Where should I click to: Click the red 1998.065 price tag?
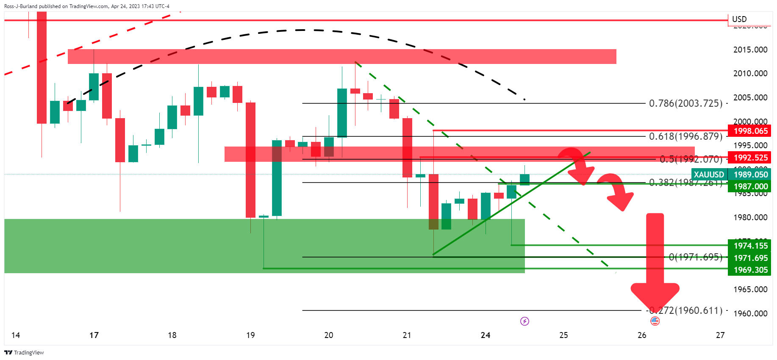pyautogui.click(x=749, y=131)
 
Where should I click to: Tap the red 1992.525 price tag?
pyautogui.click(x=749, y=158)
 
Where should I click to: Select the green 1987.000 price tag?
pyautogui.click(x=749, y=186)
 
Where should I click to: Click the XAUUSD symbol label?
pyautogui.click(x=709, y=174)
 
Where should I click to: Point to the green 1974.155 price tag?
pyautogui.click(x=749, y=246)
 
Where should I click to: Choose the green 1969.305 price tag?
pyautogui.click(x=749, y=270)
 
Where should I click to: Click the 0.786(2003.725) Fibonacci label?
pyautogui.click(x=685, y=103)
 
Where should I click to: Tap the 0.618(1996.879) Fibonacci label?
pyautogui.click(x=685, y=136)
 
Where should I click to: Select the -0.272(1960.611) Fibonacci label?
pyautogui.click(x=685, y=310)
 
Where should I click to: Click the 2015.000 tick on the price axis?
pyautogui.click(x=750, y=50)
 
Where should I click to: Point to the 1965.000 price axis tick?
pyautogui.click(x=750, y=289)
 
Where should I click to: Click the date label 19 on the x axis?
pyautogui.click(x=250, y=335)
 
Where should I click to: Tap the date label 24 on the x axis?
pyautogui.click(x=486, y=335)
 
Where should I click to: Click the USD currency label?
pyautogui.click(x=739, y=19)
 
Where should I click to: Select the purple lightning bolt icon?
pyautogui.click(x=524, y=321)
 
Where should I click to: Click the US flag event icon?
pyautogui.click(x=655, y=321)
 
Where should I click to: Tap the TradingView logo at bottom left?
pyautogui.click(x=24, y=352)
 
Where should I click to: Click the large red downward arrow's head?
pyautogui.click(x=655, y=296)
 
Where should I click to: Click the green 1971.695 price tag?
pyautogui.click(x=749, y=258)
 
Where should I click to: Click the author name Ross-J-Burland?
pyautogui.click(x=21, y=6)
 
